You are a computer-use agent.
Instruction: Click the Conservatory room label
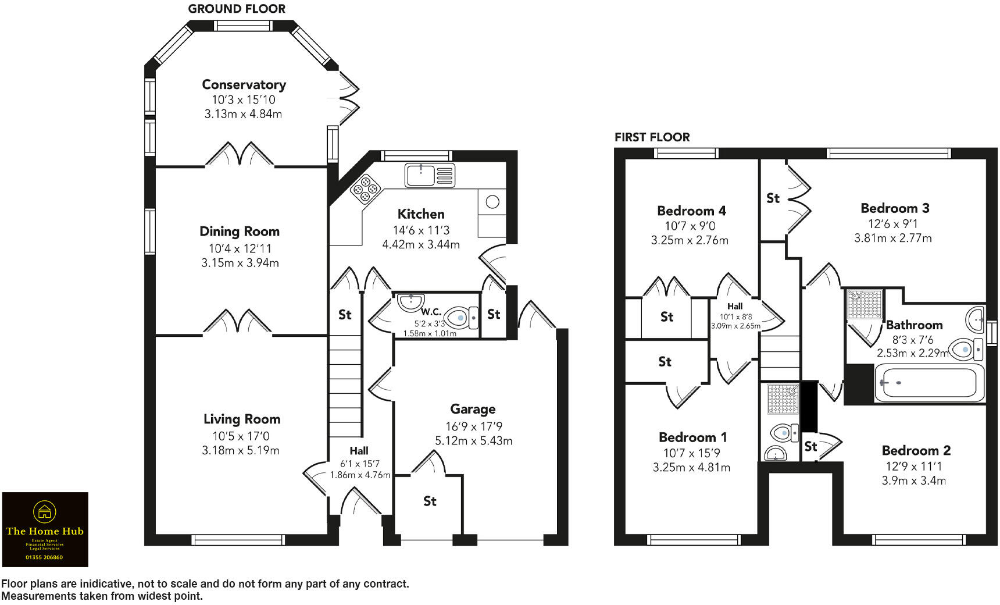[244, 84]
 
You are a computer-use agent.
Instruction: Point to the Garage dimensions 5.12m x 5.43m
[474, 441]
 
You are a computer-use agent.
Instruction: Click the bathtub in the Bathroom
[929, 383]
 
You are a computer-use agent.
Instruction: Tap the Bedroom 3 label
[895, 208]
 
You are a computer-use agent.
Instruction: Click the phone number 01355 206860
[44, 557]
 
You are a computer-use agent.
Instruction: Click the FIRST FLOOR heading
[652, 137]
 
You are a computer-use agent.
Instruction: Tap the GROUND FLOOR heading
[237, 9]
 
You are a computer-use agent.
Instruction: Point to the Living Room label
[242, 419]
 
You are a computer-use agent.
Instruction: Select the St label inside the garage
[430, 501]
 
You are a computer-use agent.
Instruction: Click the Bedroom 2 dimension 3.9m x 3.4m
[913, 481]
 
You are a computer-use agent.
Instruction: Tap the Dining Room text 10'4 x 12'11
[240, 248]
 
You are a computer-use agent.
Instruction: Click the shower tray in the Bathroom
[865, 304]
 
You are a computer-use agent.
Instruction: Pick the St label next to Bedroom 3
[773, 198]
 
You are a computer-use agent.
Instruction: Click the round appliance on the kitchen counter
[492, 202]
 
